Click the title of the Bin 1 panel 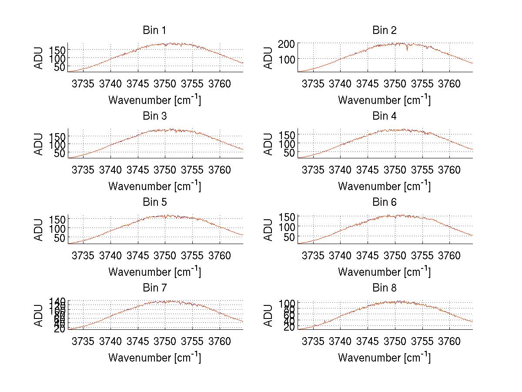click(x=154, y=30)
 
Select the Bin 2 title click(x=385, y=30)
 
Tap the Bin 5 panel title click(x=154, y=202)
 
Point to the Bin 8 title click(x=385, y=288)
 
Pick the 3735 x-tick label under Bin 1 click(x=83, y=84)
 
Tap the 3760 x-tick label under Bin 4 click(x=449, y=170)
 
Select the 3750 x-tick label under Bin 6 click(x=395, y=255)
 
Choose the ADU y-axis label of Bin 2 click(x=268, y=57)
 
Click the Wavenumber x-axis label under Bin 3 click(x=154, y=186)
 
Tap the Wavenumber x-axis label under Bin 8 click(x=385, y=357)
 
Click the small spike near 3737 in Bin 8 click(x=325, y=322)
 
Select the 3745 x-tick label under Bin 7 click(x=138, y=342)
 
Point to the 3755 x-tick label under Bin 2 click(x=422, y=84)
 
